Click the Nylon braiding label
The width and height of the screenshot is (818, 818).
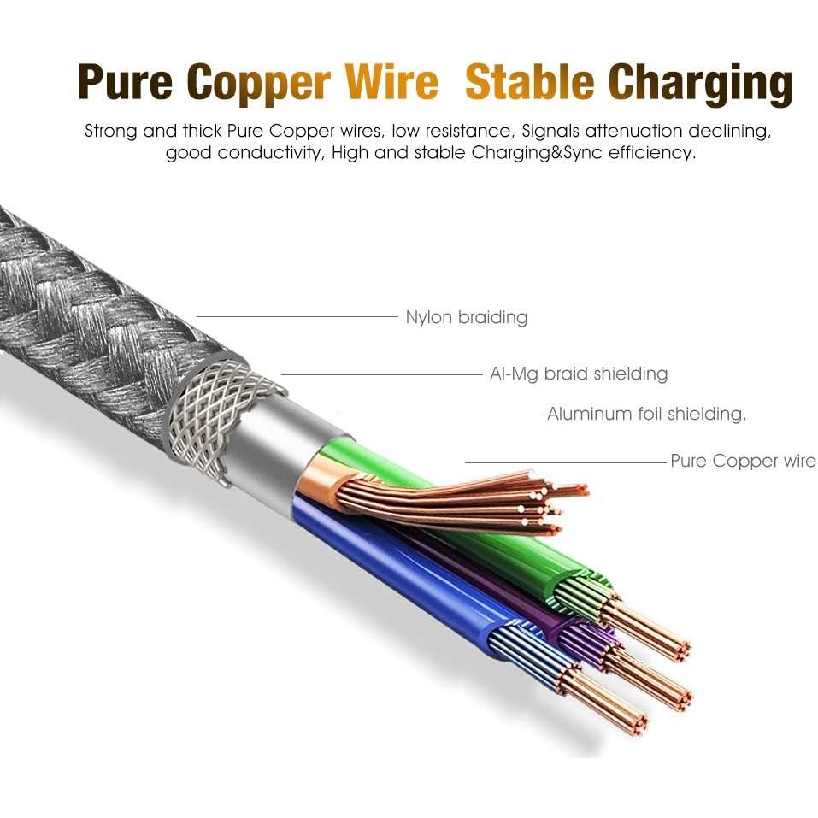466,318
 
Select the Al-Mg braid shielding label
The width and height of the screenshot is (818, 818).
579,374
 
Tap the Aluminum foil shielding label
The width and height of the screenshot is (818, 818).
646,415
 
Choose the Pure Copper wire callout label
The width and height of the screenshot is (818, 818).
742,462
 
